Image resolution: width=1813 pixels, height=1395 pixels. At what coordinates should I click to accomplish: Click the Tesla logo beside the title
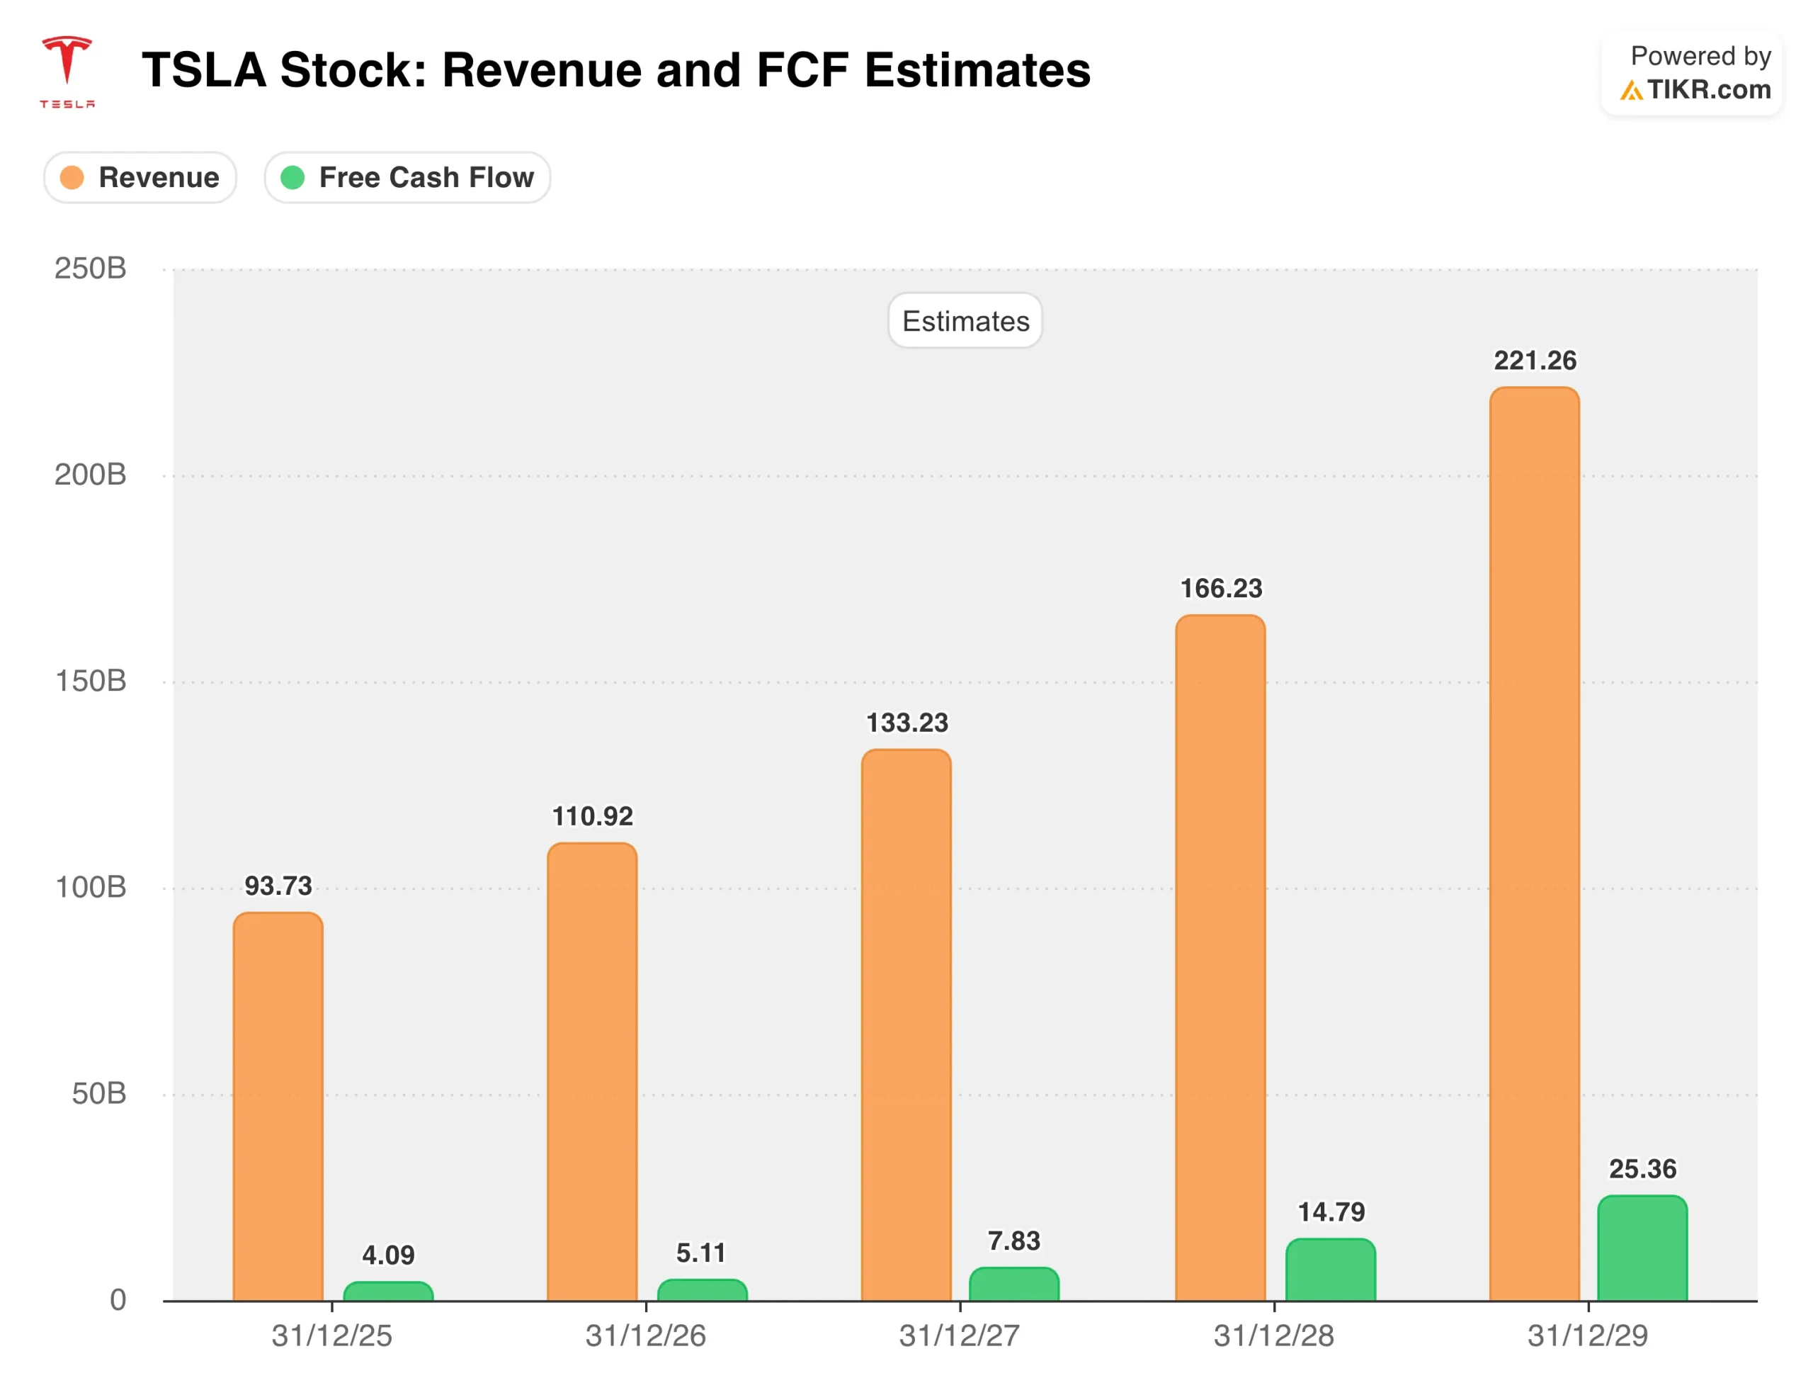pos(67,71)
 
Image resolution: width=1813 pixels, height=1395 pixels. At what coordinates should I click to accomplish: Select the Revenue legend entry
pos(140,178)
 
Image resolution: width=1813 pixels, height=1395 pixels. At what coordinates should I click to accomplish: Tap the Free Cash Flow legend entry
pos(408,178)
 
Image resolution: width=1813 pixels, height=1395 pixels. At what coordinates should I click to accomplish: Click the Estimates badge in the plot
pos(965,322)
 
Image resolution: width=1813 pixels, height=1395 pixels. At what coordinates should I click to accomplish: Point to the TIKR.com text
pos(1708,90)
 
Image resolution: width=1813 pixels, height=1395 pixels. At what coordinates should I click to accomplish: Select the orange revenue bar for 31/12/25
pos(278,1105)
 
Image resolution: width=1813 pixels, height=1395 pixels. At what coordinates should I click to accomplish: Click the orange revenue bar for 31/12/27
pos(906,1022)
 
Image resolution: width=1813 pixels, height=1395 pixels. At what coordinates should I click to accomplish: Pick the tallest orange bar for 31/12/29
pos(1534,839)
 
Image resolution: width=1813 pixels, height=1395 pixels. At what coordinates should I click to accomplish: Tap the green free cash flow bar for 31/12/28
pos(1331,1270)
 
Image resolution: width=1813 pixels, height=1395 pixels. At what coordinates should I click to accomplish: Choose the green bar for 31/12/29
pos(1642,1248)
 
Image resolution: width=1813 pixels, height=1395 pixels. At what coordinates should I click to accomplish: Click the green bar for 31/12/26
pos(703,1290)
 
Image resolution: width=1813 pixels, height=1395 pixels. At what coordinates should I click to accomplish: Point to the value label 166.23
pos(1221,589)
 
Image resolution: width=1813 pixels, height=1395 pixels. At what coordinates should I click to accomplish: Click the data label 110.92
pos(593,816)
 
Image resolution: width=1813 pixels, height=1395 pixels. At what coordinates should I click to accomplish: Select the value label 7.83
pos(1013,1241)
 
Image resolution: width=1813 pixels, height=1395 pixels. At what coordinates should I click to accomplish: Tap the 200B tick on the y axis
pos(91,475)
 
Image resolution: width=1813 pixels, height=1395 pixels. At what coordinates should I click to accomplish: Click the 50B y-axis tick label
pos(98,1094)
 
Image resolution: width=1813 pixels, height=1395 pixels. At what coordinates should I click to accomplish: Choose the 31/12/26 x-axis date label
pos(646,1336)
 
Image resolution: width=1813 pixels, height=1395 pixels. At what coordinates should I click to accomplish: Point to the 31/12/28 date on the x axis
pos(1273,1336)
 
